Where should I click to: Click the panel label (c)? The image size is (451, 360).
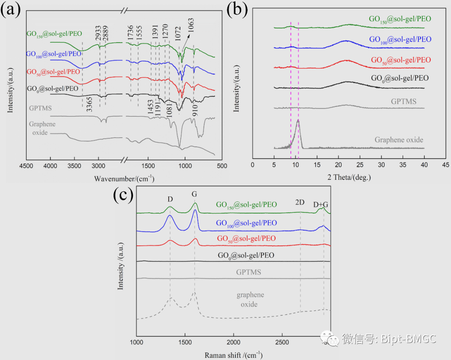(123, 196)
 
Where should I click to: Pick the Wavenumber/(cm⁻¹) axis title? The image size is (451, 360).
(124, 179)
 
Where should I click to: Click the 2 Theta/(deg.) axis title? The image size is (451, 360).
(349, 177)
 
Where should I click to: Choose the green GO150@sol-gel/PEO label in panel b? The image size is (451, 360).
(400, 19)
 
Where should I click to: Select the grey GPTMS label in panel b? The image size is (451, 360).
(405, 101)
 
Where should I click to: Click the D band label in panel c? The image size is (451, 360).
(170, 199)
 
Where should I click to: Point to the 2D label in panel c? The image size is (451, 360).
(299, 202)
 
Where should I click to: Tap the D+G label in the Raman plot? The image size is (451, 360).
(321, 204)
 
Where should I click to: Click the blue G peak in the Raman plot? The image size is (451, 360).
(195, 211)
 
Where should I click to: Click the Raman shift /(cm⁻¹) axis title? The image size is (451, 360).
(233, 355)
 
